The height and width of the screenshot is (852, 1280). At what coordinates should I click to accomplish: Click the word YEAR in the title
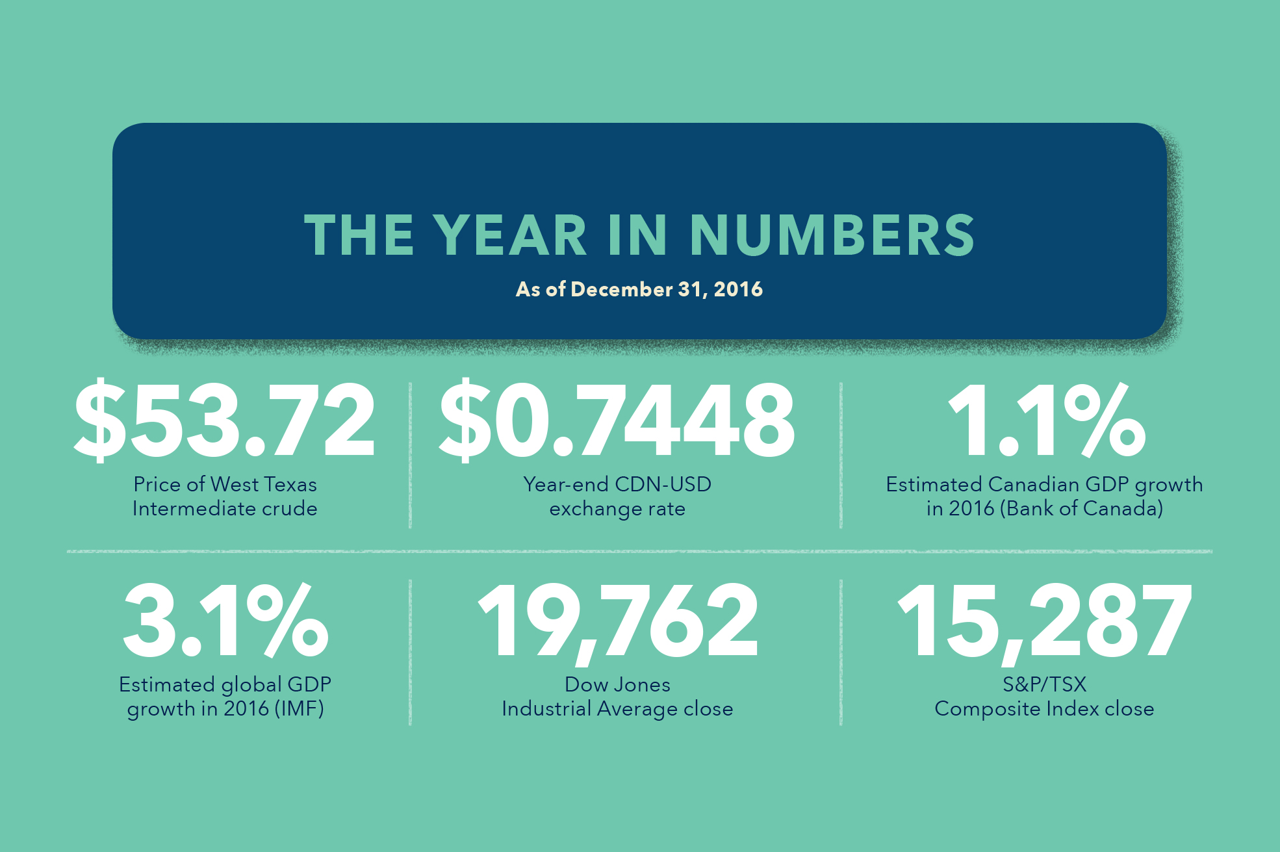510,235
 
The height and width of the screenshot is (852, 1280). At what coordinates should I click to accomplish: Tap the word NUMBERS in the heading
832,235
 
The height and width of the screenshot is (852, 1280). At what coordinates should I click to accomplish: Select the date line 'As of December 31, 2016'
639,289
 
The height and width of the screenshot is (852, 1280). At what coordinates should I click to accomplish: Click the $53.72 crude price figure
225,420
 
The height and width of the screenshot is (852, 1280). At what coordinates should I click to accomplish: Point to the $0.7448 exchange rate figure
617,420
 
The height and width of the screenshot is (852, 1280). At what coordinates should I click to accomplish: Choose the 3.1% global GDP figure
225,621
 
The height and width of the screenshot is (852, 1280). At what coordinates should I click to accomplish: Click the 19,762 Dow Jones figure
617,621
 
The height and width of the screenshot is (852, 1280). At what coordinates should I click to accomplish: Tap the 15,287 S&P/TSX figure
1044,621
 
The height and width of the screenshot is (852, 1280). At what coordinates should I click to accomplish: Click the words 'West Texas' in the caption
264,484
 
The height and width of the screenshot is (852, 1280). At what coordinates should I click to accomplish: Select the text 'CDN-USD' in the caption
663,484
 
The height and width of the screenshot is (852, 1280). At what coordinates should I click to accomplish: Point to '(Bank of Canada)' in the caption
1081,508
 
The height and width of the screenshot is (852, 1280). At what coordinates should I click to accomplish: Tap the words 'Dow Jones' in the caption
617,684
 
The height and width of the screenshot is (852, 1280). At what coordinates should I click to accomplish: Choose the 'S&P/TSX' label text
1044,684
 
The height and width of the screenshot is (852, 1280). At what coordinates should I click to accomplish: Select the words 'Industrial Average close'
617,708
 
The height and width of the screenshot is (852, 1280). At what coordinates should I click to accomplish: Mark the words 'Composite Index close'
1044,708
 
